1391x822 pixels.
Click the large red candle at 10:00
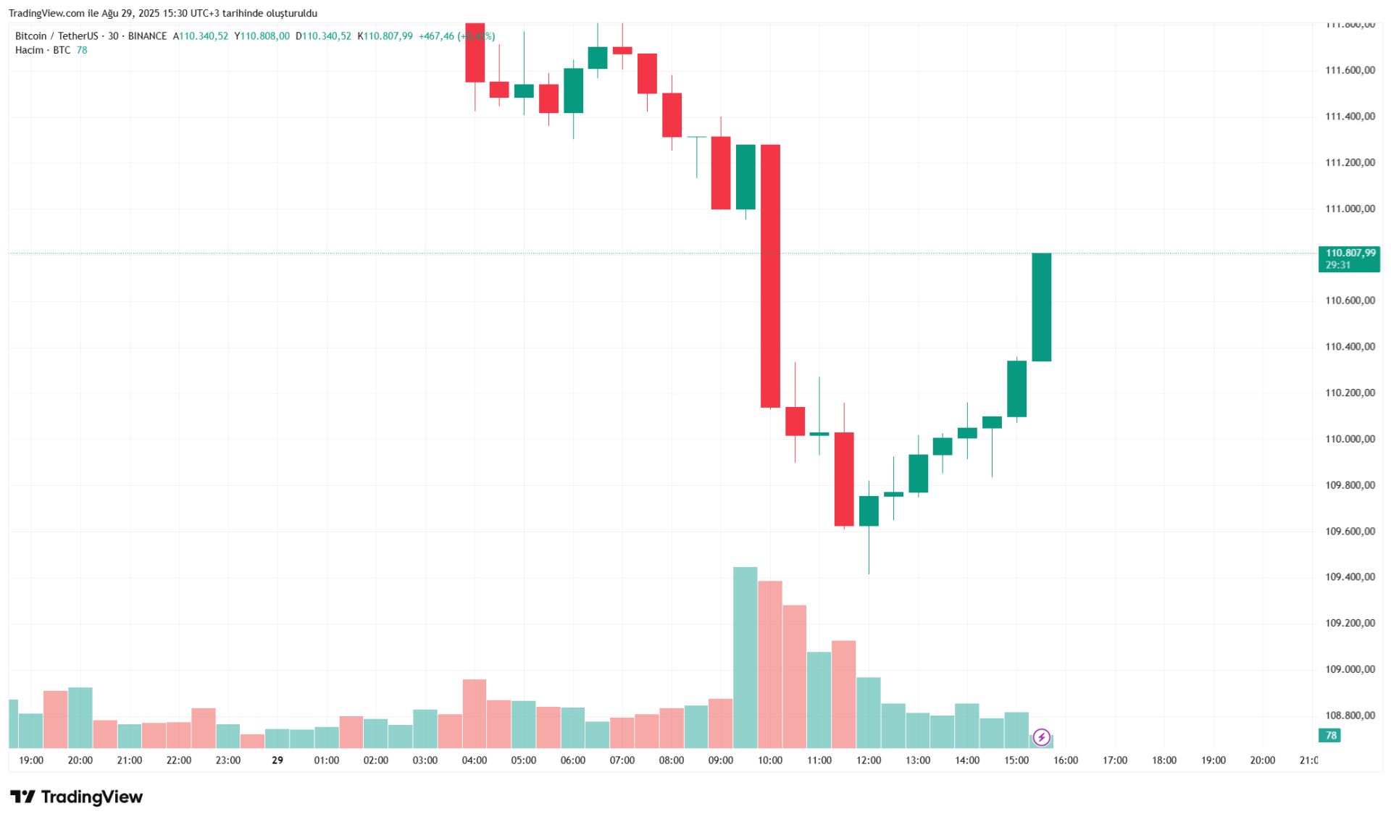click(x=770, y=275)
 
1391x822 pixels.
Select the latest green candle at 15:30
click(x=1041, y=307)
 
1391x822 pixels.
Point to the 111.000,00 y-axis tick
click(x=1350, y=209)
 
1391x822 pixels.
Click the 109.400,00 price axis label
click(x=1350, y=577)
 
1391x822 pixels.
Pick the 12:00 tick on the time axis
click(x=869, y=760)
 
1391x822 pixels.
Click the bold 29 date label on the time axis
click(x=277, y=760)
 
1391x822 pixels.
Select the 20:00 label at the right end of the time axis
click(x=1262, y=760)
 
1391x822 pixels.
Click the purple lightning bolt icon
click(x=1041, y=737)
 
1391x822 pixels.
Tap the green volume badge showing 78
click(x=1330, y=736)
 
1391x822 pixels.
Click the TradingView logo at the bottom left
click(x=77, y=797)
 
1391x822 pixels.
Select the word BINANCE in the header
click(x=147, y=36)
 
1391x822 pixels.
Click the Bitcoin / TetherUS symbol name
click(x=57, y=36)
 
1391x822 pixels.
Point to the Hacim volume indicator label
click(x=29, y=50)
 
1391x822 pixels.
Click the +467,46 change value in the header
click(x=436, y=36)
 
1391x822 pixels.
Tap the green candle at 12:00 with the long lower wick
click(x=869, y=511)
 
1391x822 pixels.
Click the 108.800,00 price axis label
click(x=1350, y=716)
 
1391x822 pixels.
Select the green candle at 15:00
click(x=1016, y=389)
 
